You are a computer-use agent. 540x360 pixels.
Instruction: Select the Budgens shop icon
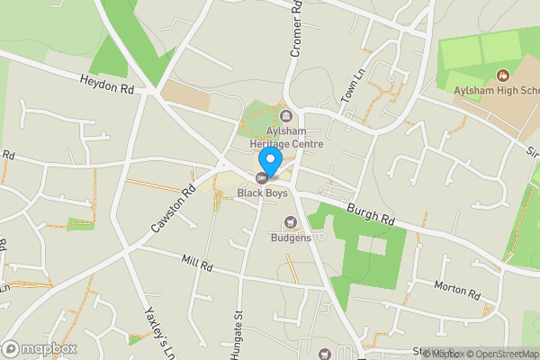click(290, 222)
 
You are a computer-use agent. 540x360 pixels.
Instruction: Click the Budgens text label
click(291, 238)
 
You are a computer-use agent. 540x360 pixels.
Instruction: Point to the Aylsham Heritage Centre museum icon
click(287, 116)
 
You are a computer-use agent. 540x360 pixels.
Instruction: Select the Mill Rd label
click(195, 266)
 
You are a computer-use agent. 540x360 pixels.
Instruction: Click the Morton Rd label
click(459, 290)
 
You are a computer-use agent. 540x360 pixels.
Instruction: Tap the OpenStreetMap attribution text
click(499, 354)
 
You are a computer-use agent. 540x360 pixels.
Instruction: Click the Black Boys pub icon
click(262, 177)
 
